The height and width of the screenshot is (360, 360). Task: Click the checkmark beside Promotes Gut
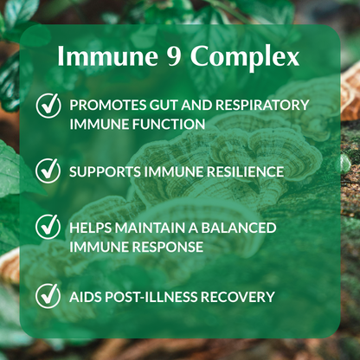[48, 106]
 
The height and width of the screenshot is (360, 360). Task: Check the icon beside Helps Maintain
[48, 228]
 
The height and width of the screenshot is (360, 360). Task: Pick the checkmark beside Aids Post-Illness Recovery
[48, 296]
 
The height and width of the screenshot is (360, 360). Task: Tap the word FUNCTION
[168, 124]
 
